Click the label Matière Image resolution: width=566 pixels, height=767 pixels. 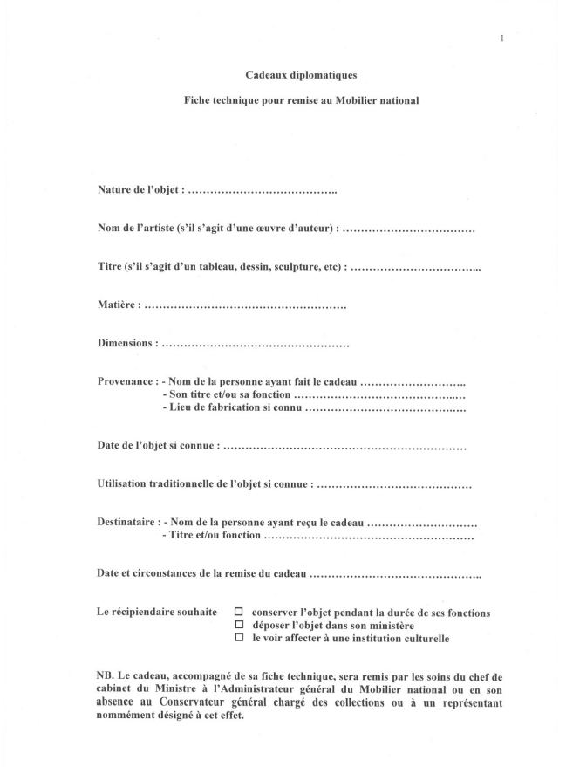[118, 305]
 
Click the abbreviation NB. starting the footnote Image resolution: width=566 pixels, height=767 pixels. [106, 675]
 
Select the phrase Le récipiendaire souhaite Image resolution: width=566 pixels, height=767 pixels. [156, 613]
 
